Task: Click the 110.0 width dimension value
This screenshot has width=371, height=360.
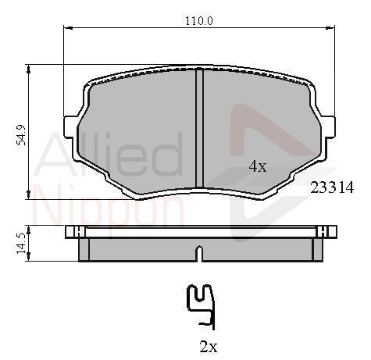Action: click(x=199, y=21)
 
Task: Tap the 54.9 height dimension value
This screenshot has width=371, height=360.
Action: click(x=21, y=135)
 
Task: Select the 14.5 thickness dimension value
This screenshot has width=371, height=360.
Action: click(x=20, y=244)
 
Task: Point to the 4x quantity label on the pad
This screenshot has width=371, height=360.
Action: click(x=258, y=166)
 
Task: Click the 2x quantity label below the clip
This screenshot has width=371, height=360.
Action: click(x=209, y=347)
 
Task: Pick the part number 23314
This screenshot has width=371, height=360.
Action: click(x=332, y=187)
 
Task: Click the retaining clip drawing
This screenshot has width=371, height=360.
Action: click(x=201, y=307)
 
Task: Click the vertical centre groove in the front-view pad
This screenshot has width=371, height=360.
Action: click(x=199, y=128)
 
